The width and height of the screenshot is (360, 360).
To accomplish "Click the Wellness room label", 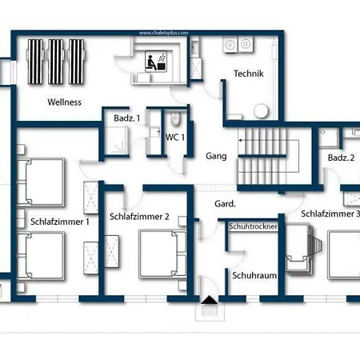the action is tap(65, 102).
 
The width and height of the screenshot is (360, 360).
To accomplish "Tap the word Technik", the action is tap(249, 74).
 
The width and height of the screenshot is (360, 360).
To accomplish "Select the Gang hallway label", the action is tap(216, 156).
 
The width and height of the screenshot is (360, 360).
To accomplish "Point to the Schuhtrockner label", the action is tap(253, 226).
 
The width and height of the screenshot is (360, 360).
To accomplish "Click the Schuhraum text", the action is tap(254, 275).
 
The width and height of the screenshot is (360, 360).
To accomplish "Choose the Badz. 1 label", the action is tap(127, 118).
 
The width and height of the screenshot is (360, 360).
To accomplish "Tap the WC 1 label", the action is tap(175, 138).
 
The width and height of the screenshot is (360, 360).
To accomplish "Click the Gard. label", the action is tap(225, 204).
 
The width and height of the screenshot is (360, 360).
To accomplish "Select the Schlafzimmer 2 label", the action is tap(139, 217).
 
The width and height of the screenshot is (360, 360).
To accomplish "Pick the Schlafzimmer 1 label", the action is tap(60, 222).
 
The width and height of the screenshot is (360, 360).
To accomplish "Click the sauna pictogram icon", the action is tap(156, 62).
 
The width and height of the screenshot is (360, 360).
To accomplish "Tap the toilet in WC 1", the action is tap(175, 119).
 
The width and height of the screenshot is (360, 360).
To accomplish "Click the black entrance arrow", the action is tap(210, 299).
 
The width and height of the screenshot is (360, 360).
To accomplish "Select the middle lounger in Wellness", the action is tap(56, 62).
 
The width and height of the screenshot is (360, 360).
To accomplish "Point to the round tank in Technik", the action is tap(261, 111).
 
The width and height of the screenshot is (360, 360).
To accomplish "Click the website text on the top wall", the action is tap(164, 33).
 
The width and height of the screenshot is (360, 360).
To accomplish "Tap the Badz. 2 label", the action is tap(342, 158).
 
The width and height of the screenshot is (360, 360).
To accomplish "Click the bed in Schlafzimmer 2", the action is tap(162, 254).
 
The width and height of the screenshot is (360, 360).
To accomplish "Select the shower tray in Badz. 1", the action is tap(116, 140).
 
